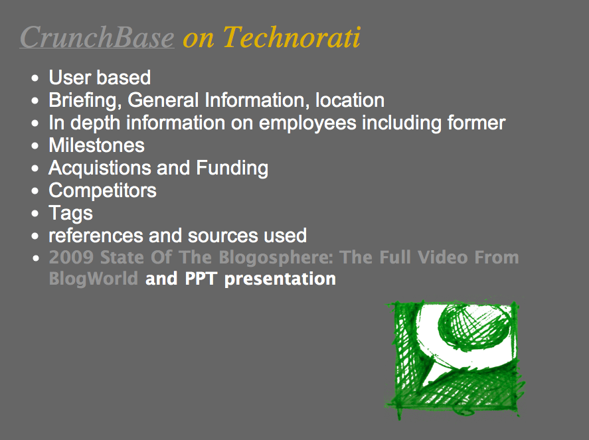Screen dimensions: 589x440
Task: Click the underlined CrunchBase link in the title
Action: (x=97, y=38)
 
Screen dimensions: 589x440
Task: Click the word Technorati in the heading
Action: (x=292, y=38)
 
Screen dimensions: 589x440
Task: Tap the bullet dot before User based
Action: (x=35, y=78)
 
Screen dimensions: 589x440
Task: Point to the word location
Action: (x=350, y=100)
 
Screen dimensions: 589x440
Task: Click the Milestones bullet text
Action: (x=96, y=145)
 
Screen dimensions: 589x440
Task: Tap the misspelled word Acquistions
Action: (x=100, y=168)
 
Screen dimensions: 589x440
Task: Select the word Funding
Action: (x=232, y=168)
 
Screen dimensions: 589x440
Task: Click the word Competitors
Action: (x=102, y=190)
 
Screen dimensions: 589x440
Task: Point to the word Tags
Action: (x=70, y=214)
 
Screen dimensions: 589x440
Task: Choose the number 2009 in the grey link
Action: (x=71, y=257)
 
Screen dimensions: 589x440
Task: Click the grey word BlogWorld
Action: (x=94, y=279)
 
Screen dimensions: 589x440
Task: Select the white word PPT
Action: (x=201, y=279)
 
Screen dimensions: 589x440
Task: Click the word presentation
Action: (x=280, y=279)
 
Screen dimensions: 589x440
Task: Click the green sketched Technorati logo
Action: (x=455, y=359)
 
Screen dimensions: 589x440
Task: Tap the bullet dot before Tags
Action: (x=35, y=214)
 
